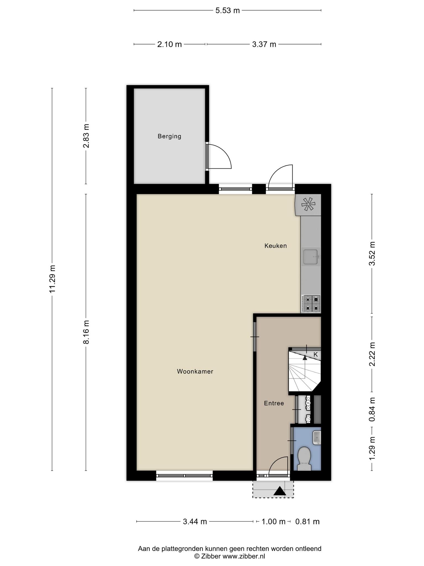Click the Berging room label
tap(169, 136)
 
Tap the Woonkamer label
tap(195, 371)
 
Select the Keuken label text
tap(275, 246)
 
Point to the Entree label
tap(274, 403)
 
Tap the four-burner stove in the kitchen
tap(311, 303)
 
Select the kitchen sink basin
tap(311, 257)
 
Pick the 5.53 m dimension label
tap(227, 11)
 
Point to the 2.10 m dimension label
tap(169, 44)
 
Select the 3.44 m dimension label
tap(195, 522)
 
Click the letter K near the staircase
tap(316, 354)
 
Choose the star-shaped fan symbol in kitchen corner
tap(308, 205)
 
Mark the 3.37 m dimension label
tap(264, 44)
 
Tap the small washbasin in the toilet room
tap(317, 438)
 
